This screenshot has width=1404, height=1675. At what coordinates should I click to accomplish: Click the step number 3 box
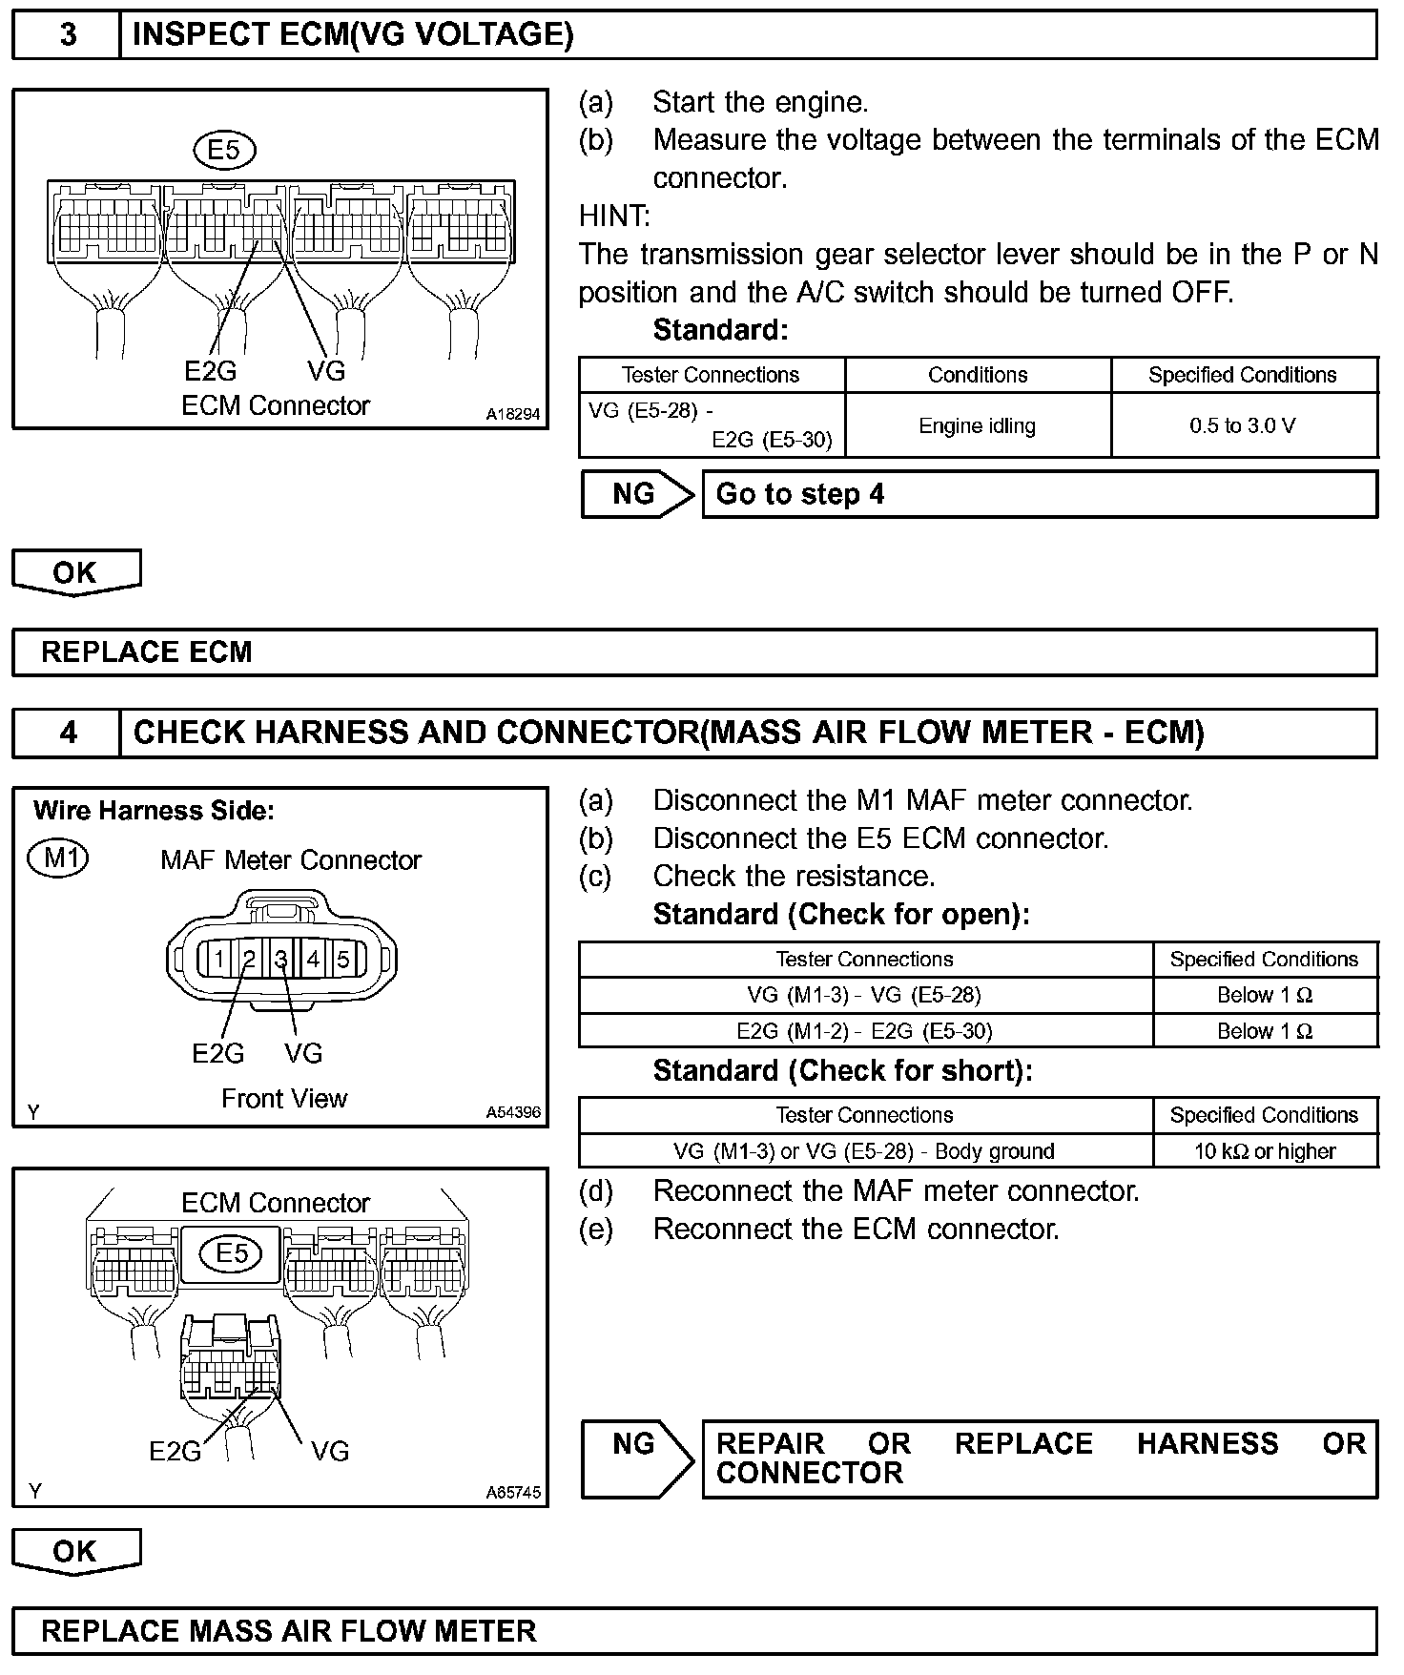[x=68, y=35]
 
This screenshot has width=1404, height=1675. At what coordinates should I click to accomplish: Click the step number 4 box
[x=68, y=733]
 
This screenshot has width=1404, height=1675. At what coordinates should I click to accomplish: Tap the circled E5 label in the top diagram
[x=224, y=150]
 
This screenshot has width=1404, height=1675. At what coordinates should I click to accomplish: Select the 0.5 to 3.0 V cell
[x=1243, y=425]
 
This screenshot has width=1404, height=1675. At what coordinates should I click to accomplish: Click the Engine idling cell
[x=977, y=425]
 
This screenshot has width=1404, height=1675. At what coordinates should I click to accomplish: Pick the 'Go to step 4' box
[x=1039, y=494]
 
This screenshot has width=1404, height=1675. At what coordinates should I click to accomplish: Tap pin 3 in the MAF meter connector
[x=282, y=959]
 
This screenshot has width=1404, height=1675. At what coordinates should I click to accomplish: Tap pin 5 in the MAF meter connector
[x=343, y=959]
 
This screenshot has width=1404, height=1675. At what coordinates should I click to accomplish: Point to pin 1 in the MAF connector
[x=219, y=959]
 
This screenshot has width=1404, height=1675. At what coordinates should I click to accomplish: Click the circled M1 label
[x=58, y=858]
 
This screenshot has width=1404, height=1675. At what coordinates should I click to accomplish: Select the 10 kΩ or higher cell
[x=1265, y=1151]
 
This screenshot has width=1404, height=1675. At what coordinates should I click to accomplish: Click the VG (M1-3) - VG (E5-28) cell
[x=864, y=995]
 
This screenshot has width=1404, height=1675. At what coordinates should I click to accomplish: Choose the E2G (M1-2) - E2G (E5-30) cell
[x=864, y=1031]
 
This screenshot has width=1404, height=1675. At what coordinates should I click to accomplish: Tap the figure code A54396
[x=513, y=1112]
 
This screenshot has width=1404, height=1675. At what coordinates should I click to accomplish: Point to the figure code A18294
[x=513, y=414]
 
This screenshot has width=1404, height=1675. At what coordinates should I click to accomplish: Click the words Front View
[x=284, y=1099]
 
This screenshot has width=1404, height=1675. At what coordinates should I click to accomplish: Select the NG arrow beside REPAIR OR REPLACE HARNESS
[x=637, y=1458]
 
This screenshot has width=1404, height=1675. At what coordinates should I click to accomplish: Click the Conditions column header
[x=977, y=375]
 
